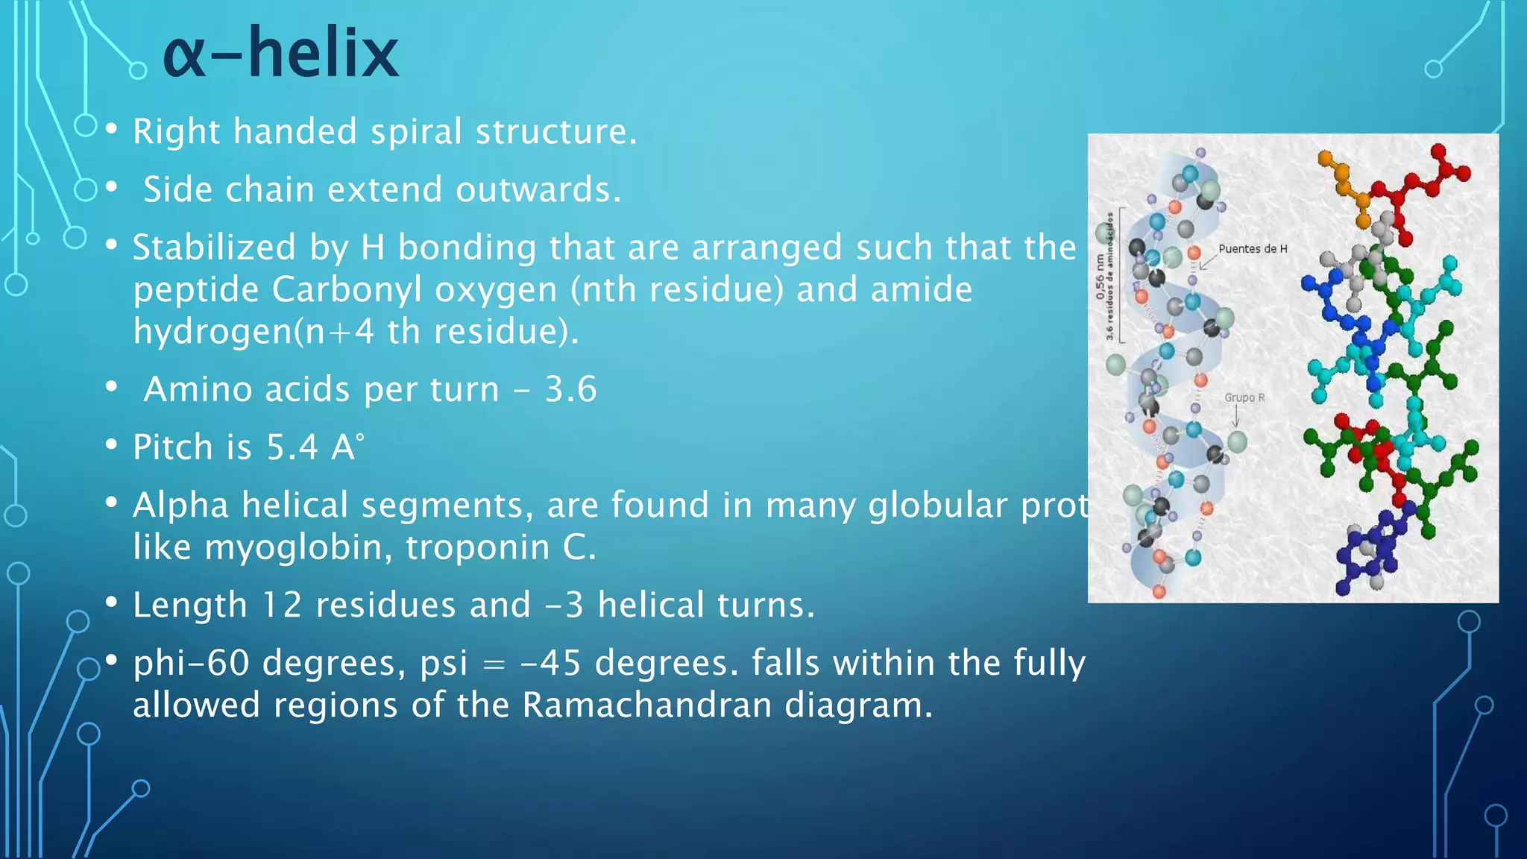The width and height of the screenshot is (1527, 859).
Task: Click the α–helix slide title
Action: pos(280,54)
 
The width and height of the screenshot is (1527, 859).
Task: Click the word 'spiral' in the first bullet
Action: pos(416,132)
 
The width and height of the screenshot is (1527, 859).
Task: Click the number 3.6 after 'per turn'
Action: pos(570,389)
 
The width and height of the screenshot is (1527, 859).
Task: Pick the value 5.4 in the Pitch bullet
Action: pos(292,447)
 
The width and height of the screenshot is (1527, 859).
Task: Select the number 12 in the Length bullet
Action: pos(282,605)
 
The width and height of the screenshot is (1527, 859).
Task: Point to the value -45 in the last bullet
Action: pos(550,663)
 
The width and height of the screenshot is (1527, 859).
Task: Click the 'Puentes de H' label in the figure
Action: pos(1253,249)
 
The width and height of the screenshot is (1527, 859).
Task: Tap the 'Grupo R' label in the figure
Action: pos(1244,397)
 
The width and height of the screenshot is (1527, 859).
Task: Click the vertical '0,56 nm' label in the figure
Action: pos(1100,276)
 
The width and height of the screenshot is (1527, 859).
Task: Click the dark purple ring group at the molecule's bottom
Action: pos(1368,552)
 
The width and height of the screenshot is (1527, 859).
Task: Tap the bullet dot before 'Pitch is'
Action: pos(111,445)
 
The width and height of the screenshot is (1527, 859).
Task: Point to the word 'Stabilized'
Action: pos(213,248)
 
